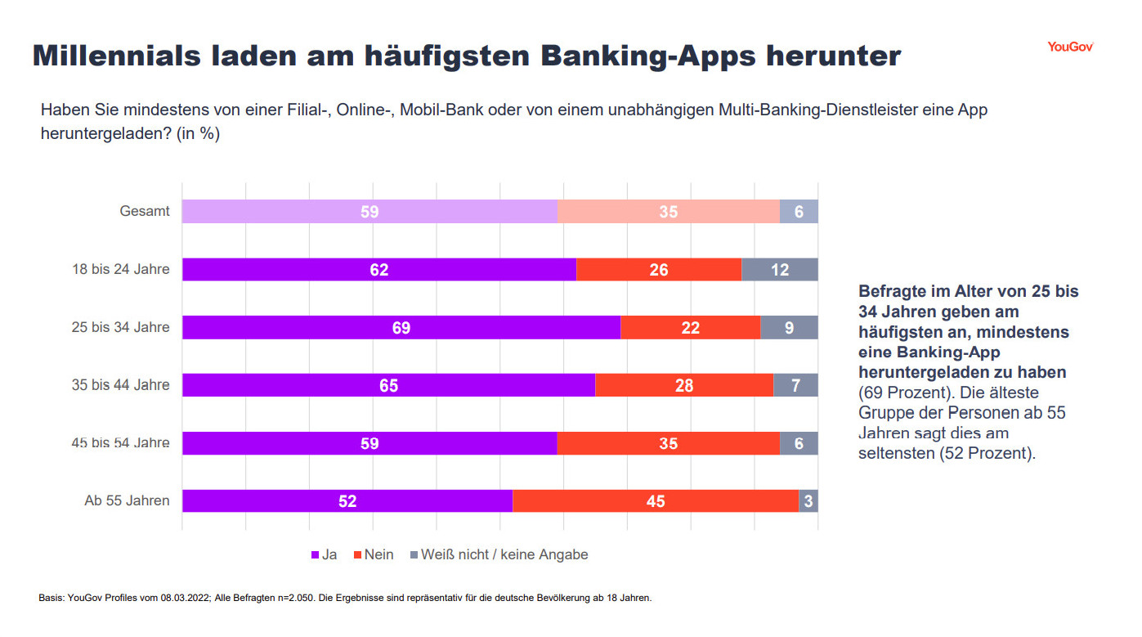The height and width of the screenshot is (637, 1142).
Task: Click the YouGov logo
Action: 1070,47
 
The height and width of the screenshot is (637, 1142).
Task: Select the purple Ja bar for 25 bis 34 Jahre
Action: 401,327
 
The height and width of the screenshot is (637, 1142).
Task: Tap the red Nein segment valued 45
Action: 655,500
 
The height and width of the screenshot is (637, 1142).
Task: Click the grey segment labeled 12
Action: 779,270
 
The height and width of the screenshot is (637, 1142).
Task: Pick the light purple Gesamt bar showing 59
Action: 369,212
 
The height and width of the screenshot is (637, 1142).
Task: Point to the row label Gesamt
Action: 145,212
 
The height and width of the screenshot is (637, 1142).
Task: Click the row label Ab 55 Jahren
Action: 127,500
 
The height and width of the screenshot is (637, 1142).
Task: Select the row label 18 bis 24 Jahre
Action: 121,269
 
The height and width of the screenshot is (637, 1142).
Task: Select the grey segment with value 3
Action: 808,500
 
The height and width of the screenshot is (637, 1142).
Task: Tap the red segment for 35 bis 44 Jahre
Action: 683,385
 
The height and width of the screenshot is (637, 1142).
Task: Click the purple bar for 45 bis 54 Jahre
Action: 369,442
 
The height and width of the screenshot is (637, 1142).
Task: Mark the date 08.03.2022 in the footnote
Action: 186,598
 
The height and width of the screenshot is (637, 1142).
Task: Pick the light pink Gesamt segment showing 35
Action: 668,212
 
